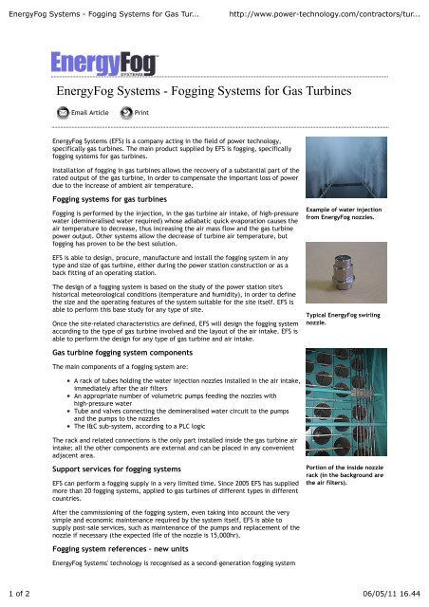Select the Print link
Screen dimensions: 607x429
(141, 112)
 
